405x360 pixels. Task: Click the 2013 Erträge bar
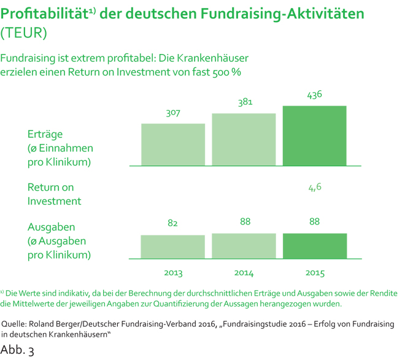click(173, 145)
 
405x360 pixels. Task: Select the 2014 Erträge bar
click(244, 139)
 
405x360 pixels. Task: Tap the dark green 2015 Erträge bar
click(314, 136)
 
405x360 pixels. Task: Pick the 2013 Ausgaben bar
click(173, 246)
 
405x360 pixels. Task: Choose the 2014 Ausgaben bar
click(244, 245)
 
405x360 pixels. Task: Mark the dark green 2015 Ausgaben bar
click(314, 245)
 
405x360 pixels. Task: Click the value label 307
click(174, 113)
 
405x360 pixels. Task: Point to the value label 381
click(245, 103)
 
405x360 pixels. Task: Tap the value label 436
click(314, 95)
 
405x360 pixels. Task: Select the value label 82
click(173, 224)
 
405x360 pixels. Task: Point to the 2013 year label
click(173, 272)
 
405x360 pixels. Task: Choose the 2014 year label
click(244, 272)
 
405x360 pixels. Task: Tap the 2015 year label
click(314, 272)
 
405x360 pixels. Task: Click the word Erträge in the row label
click(45, 134)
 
